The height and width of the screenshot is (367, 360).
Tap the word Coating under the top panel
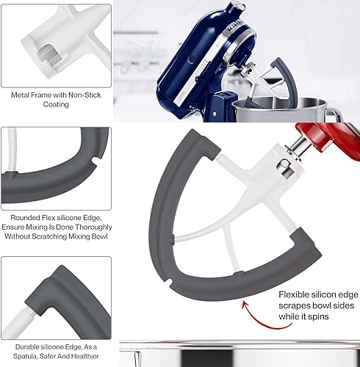pyautogui.click(x=56, y=104)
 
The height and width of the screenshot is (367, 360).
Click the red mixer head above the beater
pyautogui.click(x=327, y=138)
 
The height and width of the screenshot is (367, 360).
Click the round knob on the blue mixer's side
pyautogui.click(x=192, y=59)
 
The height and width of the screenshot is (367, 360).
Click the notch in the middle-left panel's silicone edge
pyautogui.click(x=95, y=161)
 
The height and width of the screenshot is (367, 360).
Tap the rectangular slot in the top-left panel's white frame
pyautogui.click(x=49, y=56)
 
